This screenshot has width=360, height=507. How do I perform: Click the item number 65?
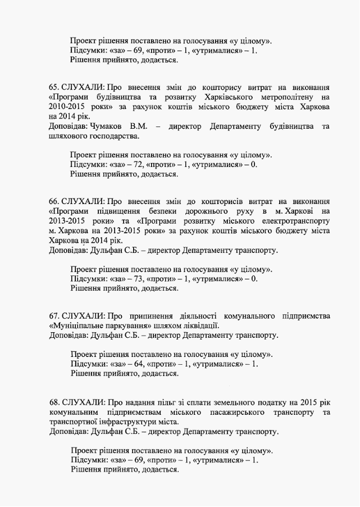[x=54, y=88]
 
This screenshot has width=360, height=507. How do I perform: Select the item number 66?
[x=54, y=202]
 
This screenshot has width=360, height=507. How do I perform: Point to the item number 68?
[x=54, y=402]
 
